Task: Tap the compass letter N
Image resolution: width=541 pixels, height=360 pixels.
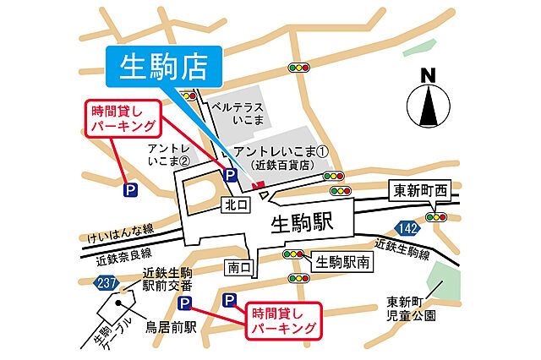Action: (428, 74)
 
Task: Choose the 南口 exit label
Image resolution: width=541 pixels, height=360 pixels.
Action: (240, 268)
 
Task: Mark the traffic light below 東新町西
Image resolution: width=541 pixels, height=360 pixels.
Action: (436, 216)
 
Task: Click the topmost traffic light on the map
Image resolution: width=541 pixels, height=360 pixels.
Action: (298, 67)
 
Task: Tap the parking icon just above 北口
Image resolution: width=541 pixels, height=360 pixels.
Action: (229, 175)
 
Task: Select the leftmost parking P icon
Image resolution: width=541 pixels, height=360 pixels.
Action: (130, 191)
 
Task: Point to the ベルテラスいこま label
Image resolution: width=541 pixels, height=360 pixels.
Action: (238, 114)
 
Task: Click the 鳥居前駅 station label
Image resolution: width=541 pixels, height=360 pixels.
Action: (167, 327)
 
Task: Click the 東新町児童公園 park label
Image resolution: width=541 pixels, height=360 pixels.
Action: (412, 308)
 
